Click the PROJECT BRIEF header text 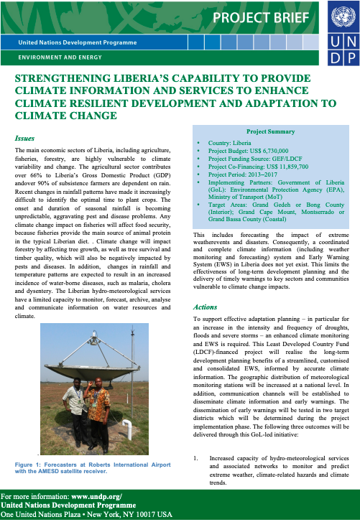click(265, 18)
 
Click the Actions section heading click(206, 306)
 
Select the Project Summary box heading click(270, 132)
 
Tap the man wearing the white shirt click(75, 411)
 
